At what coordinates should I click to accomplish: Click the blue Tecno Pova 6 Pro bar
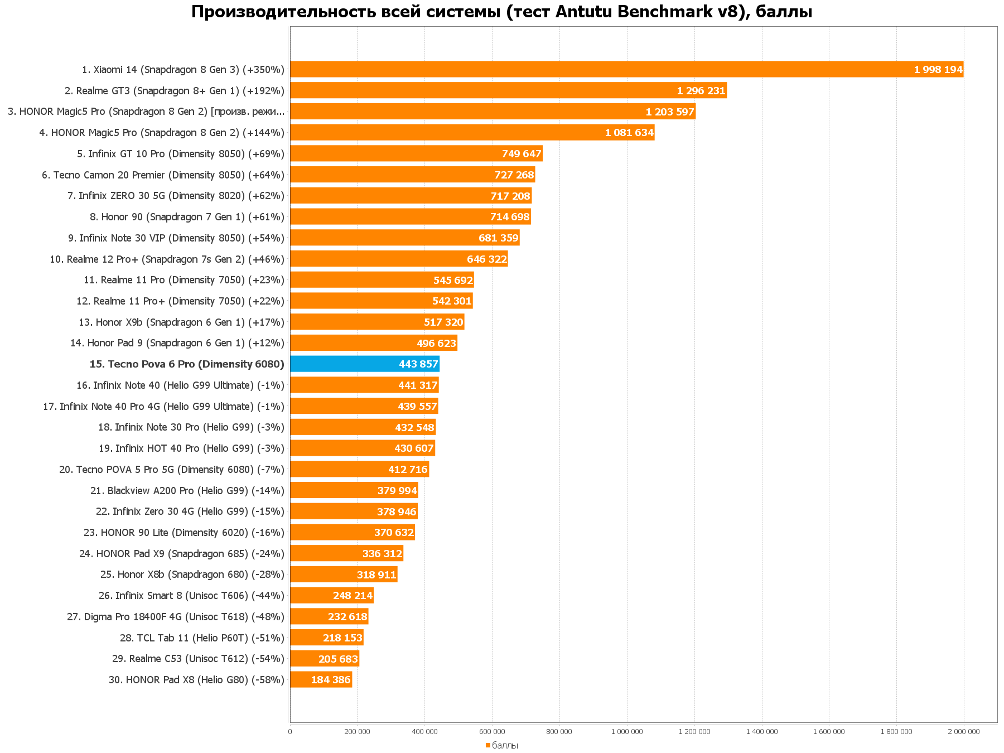pos(364,364)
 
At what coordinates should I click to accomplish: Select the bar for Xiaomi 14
pos(626,70)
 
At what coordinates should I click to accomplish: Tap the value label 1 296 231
pos(701,91)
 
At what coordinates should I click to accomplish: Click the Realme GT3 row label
pos(175,91)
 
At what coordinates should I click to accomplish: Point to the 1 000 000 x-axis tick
pos(627,732)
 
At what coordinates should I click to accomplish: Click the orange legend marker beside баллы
pos(487,745)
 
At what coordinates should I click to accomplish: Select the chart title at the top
pos(501,12)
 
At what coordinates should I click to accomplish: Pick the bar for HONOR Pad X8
pos(321,680)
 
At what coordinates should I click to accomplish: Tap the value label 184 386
pos(331,680)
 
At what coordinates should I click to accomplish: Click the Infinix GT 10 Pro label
pos(181,154)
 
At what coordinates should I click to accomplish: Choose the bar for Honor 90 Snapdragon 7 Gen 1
pos(410,217)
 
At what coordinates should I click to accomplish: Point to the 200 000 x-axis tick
pos(357,732)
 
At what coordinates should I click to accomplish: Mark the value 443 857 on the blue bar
pos(418,364)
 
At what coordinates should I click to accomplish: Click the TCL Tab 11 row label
pos(202,638)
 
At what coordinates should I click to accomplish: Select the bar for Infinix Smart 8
pos(331,596)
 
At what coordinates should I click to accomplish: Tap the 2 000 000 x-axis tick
pos(964,732)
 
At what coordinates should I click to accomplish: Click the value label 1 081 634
pos(629,133)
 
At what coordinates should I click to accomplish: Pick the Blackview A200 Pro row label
pos(187,491)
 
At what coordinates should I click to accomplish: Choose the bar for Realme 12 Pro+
pos(399,259)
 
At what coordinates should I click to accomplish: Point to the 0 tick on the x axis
pos(290,732)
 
